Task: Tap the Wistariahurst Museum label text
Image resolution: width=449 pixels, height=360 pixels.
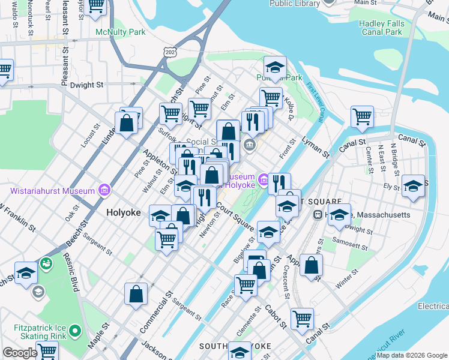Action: click(53, 191)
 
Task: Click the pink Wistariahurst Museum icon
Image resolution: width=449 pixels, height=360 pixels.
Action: click(105, 191)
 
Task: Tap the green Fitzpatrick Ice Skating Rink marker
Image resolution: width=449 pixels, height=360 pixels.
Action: click(74, 331)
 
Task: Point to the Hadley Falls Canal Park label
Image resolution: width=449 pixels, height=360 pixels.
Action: click(389, 28)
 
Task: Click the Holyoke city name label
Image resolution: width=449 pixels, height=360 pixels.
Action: click(124, 212)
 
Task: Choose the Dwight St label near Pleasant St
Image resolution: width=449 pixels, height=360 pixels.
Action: click(82, 85)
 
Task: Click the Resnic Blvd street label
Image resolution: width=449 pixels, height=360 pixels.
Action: click(71, 274)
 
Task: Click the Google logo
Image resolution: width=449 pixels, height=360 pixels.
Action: click(20, 353)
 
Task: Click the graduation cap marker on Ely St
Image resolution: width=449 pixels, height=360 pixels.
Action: click(413, 186)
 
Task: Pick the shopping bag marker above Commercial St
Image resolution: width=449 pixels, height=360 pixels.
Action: click(136, 294)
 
